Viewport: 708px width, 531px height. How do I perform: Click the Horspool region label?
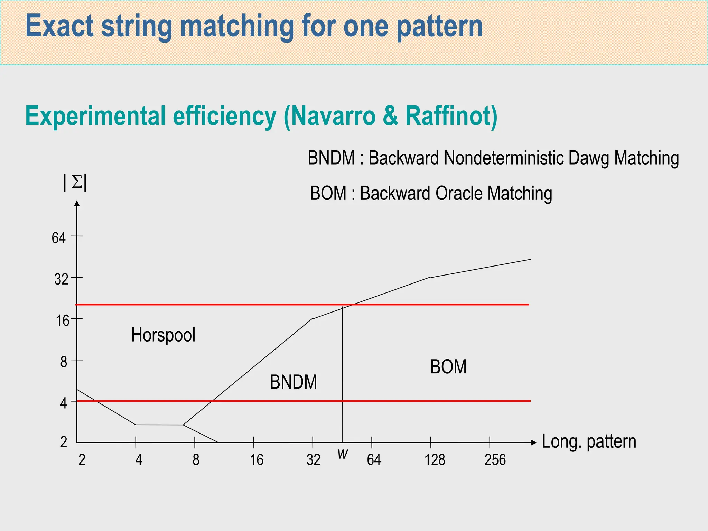[x=163, y=335]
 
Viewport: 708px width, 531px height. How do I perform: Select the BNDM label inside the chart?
[x=293, y=382]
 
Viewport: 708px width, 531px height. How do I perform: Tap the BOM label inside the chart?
[x=448, y=367]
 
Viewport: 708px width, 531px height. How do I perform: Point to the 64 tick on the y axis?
[x=59, y=238]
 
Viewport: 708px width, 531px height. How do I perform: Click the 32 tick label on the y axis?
[x=61, y=279]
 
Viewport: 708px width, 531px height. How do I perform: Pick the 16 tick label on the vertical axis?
[x=63, y=321]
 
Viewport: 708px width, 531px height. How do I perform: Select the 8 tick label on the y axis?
[x=64, y=362]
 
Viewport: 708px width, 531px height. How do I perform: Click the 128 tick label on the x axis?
[x=435, y=460]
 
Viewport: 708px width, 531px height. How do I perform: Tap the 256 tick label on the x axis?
[x=495, y=460]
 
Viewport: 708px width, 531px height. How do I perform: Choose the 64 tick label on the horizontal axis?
[x=374, y=460]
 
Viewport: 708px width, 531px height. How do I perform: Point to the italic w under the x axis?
[x=343, y=454]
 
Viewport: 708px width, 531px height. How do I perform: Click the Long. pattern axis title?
[x=589, y=441]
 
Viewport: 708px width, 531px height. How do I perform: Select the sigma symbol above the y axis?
[x=76, y=182]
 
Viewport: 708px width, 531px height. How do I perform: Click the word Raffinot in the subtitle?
[x=451, y=116]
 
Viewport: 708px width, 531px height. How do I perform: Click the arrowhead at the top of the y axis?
[x=77, y=204]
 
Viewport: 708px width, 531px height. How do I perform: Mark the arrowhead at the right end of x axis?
[x=534, y=442]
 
